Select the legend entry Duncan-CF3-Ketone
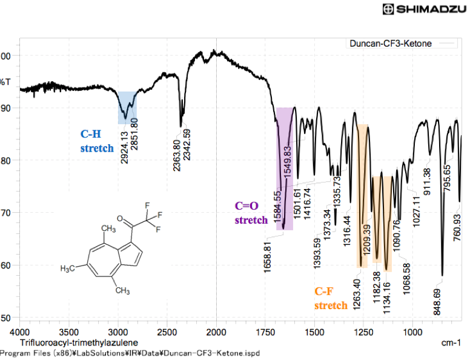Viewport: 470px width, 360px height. point(394,44)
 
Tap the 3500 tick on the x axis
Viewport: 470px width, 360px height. point(69,332)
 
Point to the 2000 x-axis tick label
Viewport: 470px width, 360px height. point(216,332)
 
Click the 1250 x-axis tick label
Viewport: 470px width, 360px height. point(363,332)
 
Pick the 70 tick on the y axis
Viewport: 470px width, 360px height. point(7,213)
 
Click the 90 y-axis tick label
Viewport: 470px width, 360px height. point(7,108)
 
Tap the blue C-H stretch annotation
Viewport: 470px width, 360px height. point(97,141)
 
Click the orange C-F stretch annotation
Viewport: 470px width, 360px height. point(330,298)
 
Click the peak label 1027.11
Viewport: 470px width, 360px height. point(417,210)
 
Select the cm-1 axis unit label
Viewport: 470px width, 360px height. point(451,343)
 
